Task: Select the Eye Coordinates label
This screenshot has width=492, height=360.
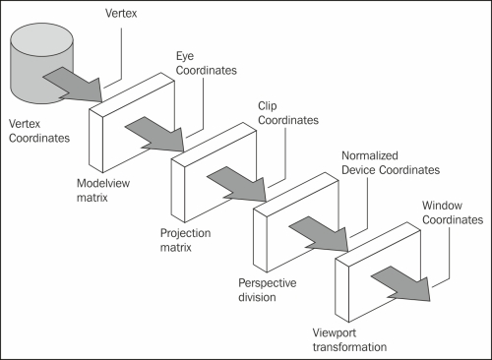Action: click(208, 63)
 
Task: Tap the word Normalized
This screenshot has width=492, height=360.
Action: click(369, 156)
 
